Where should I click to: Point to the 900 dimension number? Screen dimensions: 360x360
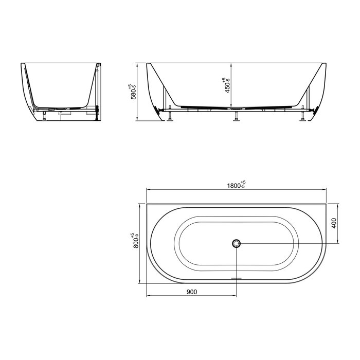[x=192, y=292]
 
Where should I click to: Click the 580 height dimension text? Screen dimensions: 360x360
[x=135, y=91]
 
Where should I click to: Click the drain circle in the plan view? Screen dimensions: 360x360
[x=236, y=244]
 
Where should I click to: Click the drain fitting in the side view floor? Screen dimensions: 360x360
[x=236, y=109]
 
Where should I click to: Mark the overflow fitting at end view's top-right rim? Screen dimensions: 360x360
[x=98, y=65]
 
